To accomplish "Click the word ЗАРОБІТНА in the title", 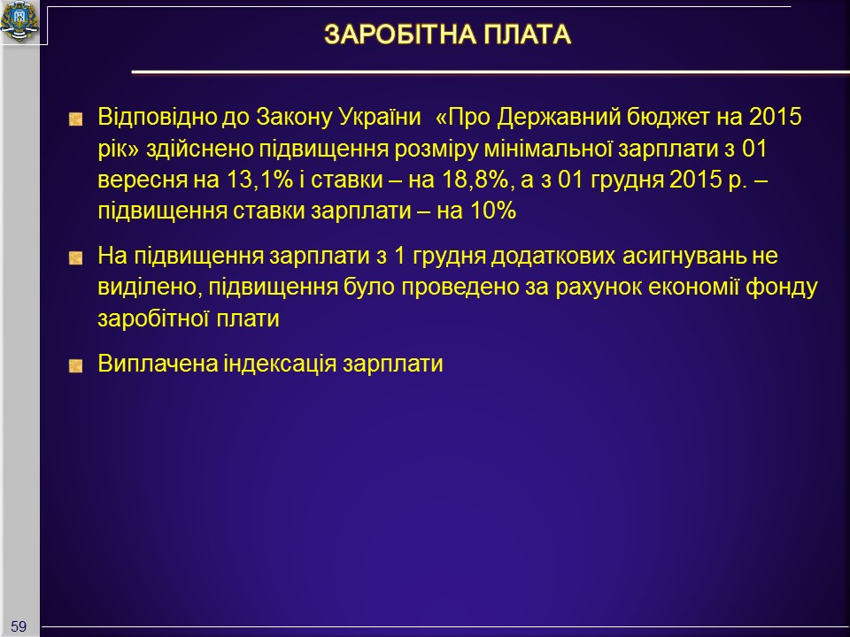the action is [399, 35].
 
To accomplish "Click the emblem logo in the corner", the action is [19, 21].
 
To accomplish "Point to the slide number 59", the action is [19, 626].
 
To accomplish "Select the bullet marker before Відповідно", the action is [76, 119].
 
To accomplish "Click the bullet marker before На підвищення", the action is [76, 257].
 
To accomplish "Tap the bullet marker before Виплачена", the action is [76, 366].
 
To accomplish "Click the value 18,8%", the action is [475, 180].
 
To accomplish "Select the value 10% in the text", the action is [493, 211].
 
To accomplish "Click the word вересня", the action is [142, 180].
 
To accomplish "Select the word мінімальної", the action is [547, 149].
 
